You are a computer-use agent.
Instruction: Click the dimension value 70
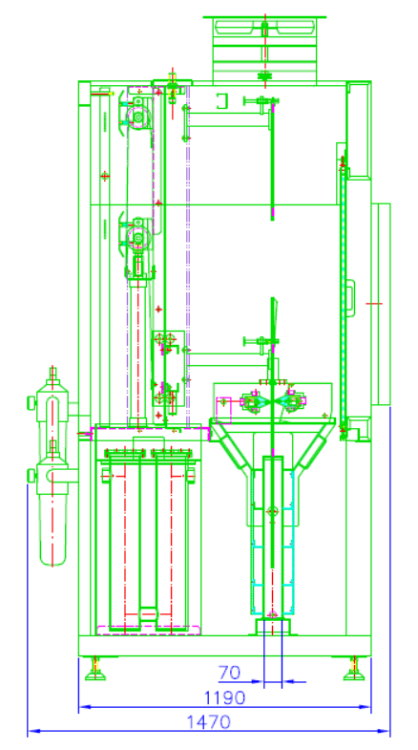pyautogui.click(x=229, y=673)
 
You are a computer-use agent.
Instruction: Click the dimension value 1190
pyautogui.click(x=224, y=697)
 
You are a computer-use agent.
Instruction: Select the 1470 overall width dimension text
pyautogui.click(x=208, y=721)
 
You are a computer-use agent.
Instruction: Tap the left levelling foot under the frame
pyautogui.click(x=95, y=668)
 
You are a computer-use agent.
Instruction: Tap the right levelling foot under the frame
pyautogui.click(x=353, y=668)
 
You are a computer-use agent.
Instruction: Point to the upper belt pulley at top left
pyautogui.click(x=137, y=117)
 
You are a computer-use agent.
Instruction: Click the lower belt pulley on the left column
pyautogui.click(x=137, y=237)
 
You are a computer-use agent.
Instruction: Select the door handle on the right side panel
pyautogui.click(x=351, y=299)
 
